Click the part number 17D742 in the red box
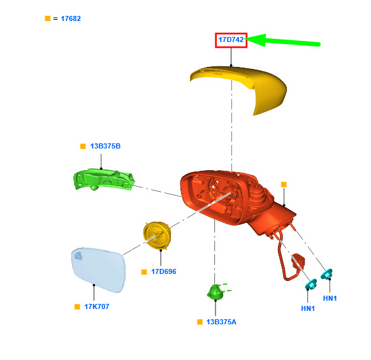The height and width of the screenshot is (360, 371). tap(231, 40)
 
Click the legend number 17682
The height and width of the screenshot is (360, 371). tap(71, 18)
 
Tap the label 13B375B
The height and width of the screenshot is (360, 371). tap(105, 146)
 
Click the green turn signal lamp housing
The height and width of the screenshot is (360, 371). tap(103, 180)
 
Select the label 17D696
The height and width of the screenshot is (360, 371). tap(164, 271)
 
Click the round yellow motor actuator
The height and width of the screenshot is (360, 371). tap(157, 235)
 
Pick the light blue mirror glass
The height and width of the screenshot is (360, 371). tap(98, 270)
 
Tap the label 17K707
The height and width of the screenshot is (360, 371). tap(97, 306)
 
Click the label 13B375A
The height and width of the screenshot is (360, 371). tap(221, 322)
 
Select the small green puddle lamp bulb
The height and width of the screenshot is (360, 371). tap(216, 292)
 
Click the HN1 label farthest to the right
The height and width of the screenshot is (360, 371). tap(330, 298)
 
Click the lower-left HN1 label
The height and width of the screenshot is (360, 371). tap(308, 308)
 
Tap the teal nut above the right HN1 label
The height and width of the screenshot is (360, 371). tap(327, 274)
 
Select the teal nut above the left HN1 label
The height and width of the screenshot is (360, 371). tap(311, 284)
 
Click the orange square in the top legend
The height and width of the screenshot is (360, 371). tap(48, 18)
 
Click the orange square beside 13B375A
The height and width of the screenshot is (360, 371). tap(200, 322)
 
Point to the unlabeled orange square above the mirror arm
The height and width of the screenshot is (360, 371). tap(284, 185)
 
